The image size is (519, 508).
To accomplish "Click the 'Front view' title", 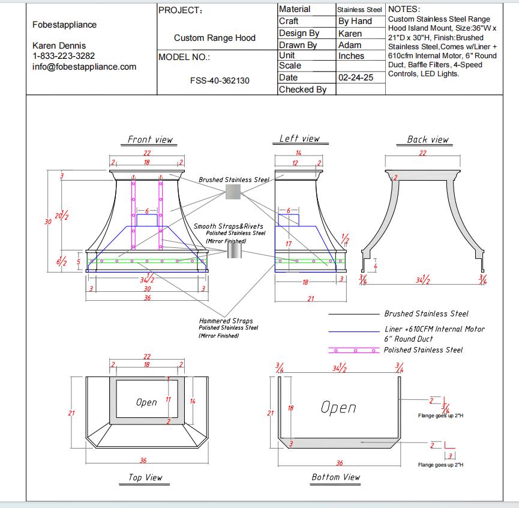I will coord(150,140).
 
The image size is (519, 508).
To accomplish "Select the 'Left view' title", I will coord(299,139).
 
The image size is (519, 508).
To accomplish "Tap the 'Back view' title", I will coord(427,139).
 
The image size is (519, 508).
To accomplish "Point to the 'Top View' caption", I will coord(145,477).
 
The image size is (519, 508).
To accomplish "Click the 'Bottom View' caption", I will coord(335,477).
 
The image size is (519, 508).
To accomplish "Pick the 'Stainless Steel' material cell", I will coord(359,10).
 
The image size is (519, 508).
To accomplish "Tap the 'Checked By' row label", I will coord(302,89).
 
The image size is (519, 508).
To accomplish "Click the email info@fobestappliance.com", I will coord(85,67).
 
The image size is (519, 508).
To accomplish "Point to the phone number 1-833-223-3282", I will coord(63,56).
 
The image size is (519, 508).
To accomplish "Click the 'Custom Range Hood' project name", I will coord(214,38).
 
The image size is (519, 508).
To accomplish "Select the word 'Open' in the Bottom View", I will coord(338,408).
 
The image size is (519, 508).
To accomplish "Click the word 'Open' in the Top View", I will coord(146,402).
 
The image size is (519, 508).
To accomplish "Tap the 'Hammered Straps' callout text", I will coord(226,321).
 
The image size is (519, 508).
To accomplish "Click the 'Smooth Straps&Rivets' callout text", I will coord(228,226).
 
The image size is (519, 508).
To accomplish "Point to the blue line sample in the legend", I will coord(353,331).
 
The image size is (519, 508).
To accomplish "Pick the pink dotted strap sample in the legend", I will coord(353,350).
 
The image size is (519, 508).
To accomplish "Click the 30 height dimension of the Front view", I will coord(48,222).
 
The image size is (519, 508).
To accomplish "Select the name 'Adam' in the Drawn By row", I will coord(350,45).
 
